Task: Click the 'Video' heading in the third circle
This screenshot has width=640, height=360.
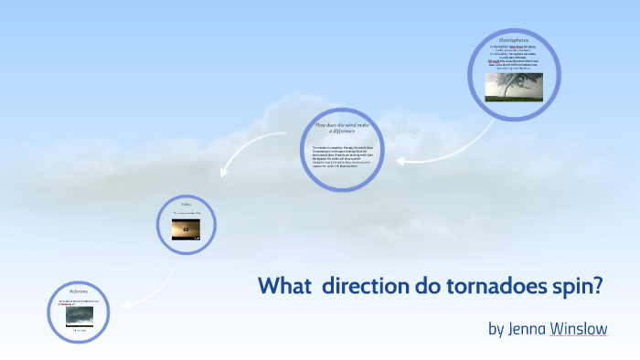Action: coord(186,205)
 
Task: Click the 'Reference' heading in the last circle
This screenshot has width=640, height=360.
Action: coord(78,291)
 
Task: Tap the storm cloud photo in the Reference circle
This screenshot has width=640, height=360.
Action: coord(80,315)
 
